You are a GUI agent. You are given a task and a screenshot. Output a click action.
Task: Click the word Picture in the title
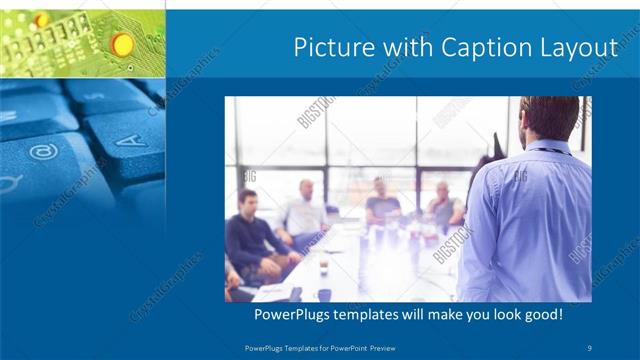[x=329, y=48]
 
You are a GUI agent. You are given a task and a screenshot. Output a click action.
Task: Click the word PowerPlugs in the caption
[x=290, y=314]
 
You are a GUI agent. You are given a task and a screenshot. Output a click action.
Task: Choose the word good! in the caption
[x=541, y=314]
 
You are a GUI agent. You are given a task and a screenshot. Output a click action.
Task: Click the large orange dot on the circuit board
[x=122, y=43]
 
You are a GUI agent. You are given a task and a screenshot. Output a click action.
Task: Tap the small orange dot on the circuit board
[x=41, y=20]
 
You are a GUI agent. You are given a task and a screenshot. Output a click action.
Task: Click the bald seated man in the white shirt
[x=304, y=210]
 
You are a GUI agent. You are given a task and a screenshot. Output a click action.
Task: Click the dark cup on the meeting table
[x=324, y=267]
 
